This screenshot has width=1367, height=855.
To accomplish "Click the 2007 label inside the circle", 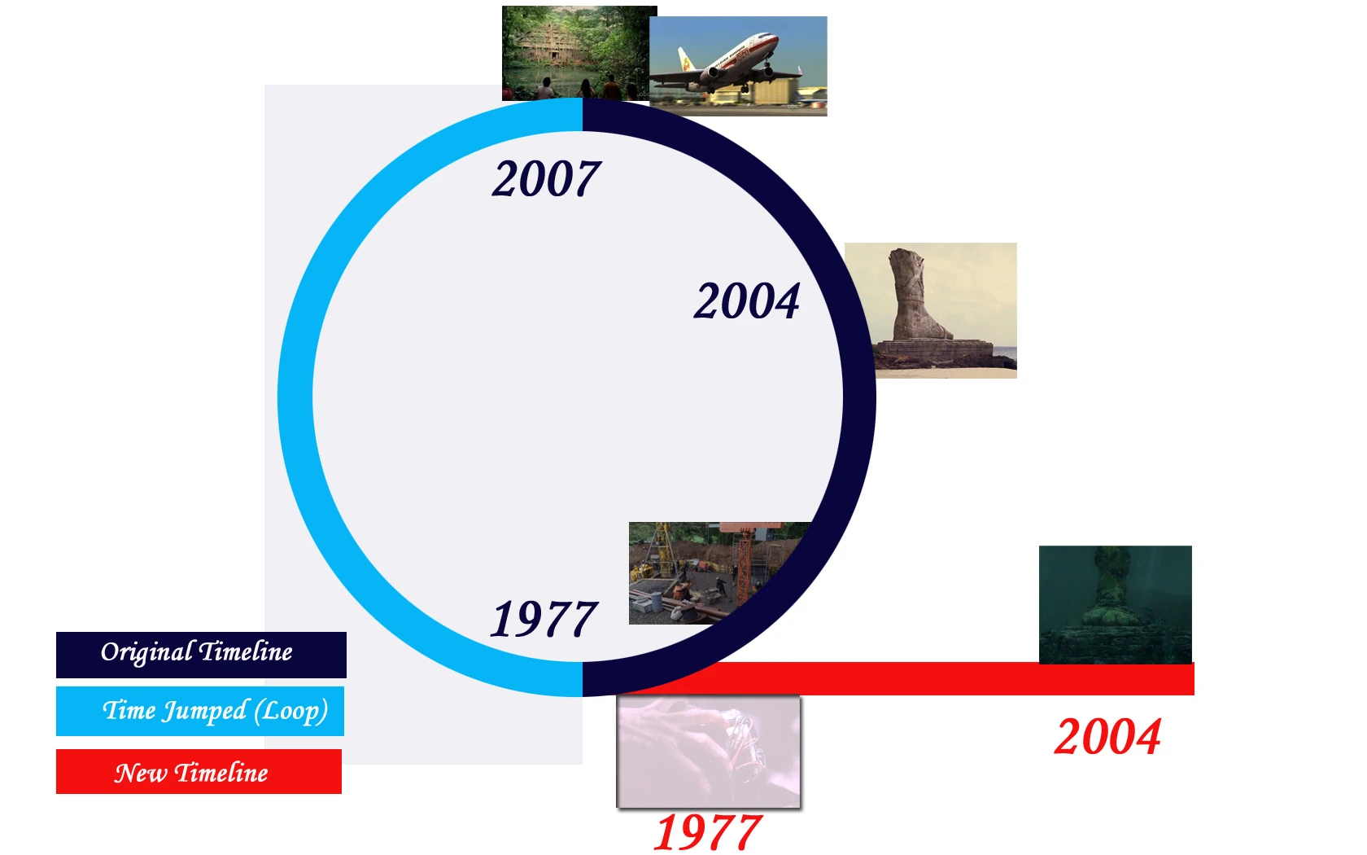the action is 546,178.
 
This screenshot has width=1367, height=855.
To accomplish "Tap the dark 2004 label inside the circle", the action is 747,300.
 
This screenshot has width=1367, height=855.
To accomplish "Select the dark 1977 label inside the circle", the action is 544,618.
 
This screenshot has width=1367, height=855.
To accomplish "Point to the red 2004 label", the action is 1107,736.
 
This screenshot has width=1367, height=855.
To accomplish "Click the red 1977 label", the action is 707,831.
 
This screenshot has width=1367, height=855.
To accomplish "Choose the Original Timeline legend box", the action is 202,655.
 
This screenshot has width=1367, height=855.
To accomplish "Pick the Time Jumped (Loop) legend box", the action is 200,711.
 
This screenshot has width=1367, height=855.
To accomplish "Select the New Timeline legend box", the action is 199,771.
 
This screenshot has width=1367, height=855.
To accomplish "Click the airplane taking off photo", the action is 739,66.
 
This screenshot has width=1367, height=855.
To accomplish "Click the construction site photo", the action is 720,573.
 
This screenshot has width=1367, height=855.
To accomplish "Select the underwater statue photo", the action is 1116,604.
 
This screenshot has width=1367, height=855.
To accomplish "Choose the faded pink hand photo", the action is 709,752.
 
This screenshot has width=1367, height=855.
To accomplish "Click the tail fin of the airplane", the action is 686,60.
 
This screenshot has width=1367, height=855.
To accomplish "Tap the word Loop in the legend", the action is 290,712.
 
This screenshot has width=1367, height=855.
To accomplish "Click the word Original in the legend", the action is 146,653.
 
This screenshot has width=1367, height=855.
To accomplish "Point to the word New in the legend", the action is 140,774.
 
